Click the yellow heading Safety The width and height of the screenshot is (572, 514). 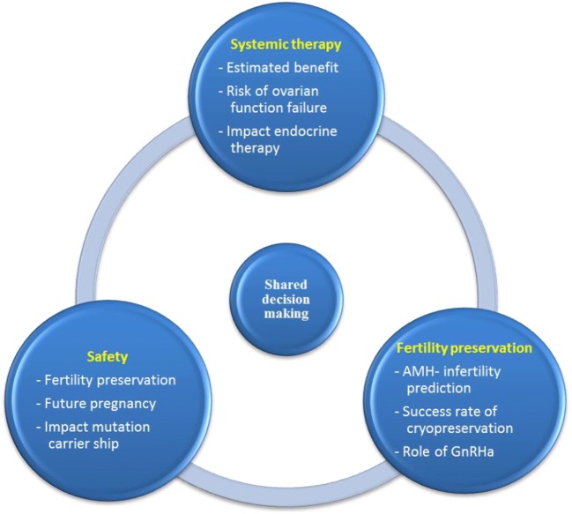(x=108, y=357)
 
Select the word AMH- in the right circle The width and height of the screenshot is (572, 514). (x=409, y=371)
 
